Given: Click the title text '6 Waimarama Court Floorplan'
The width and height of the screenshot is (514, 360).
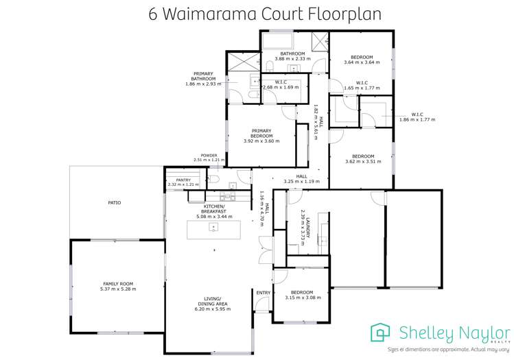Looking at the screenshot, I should point(256,14).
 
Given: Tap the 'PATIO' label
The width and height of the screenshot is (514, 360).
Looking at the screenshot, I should point(114,203).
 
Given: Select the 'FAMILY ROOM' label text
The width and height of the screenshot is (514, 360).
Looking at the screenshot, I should point(119,283).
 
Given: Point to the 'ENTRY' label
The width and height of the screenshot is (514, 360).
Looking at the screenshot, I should point(263,293).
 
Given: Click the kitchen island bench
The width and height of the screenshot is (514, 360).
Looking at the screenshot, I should point(213,229).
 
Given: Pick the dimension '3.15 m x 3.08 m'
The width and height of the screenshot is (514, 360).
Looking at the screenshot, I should point(303,298).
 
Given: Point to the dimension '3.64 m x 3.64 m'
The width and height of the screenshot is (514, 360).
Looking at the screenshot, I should point(362,62).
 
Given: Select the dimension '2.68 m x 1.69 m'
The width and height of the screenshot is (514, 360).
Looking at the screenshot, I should point(280,87).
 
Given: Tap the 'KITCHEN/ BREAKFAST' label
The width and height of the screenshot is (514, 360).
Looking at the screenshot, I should point(214,208).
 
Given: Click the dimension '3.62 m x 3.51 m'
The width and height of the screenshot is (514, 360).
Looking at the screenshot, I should point(362,162).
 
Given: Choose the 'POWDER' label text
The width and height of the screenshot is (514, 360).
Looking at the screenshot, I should point(209,156).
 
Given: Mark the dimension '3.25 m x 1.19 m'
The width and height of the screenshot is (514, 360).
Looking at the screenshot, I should point(301,182).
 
